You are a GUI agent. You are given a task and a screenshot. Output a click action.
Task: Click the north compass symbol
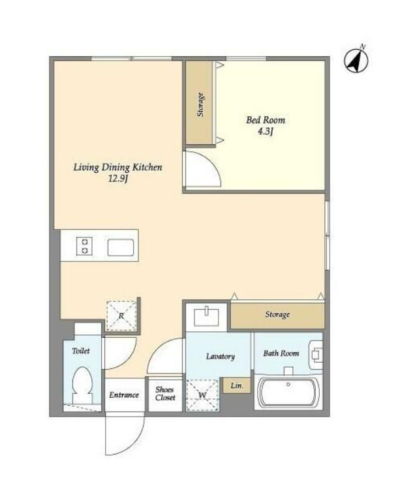[x=356, y=61]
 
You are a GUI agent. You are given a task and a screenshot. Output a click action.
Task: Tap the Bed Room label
[x=266, y=120]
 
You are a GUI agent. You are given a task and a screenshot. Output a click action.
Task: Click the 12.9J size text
[x=117, y=179]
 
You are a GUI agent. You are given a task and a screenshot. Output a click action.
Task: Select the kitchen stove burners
[x=85, y=247]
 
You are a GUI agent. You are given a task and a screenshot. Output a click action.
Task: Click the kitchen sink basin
[x=121, y=248]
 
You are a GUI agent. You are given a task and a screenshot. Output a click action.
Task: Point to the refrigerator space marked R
[x=121, y=316]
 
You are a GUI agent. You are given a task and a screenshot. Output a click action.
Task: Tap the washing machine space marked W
[x=202, y=395]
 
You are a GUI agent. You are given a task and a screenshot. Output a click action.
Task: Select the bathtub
[x=288, y=393]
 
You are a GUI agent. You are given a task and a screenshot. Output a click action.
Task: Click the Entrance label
[x=124, y=395]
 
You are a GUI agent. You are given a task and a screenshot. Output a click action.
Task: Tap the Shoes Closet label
[x=165, y=394]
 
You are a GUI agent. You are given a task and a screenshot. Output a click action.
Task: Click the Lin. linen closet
[x=236, y=385]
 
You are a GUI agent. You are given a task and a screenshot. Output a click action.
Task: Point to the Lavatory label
[x=221, y=356]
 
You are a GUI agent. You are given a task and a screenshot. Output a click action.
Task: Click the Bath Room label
[x=281, y=353]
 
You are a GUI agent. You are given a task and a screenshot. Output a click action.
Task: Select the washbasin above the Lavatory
[x=207, y=317]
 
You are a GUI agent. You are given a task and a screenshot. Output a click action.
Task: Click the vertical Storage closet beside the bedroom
[x=200, y=103]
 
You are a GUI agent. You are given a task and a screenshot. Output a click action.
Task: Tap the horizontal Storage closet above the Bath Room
[x=277, y=315]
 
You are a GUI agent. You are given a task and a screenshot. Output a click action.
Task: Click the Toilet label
[x=81, y=351]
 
